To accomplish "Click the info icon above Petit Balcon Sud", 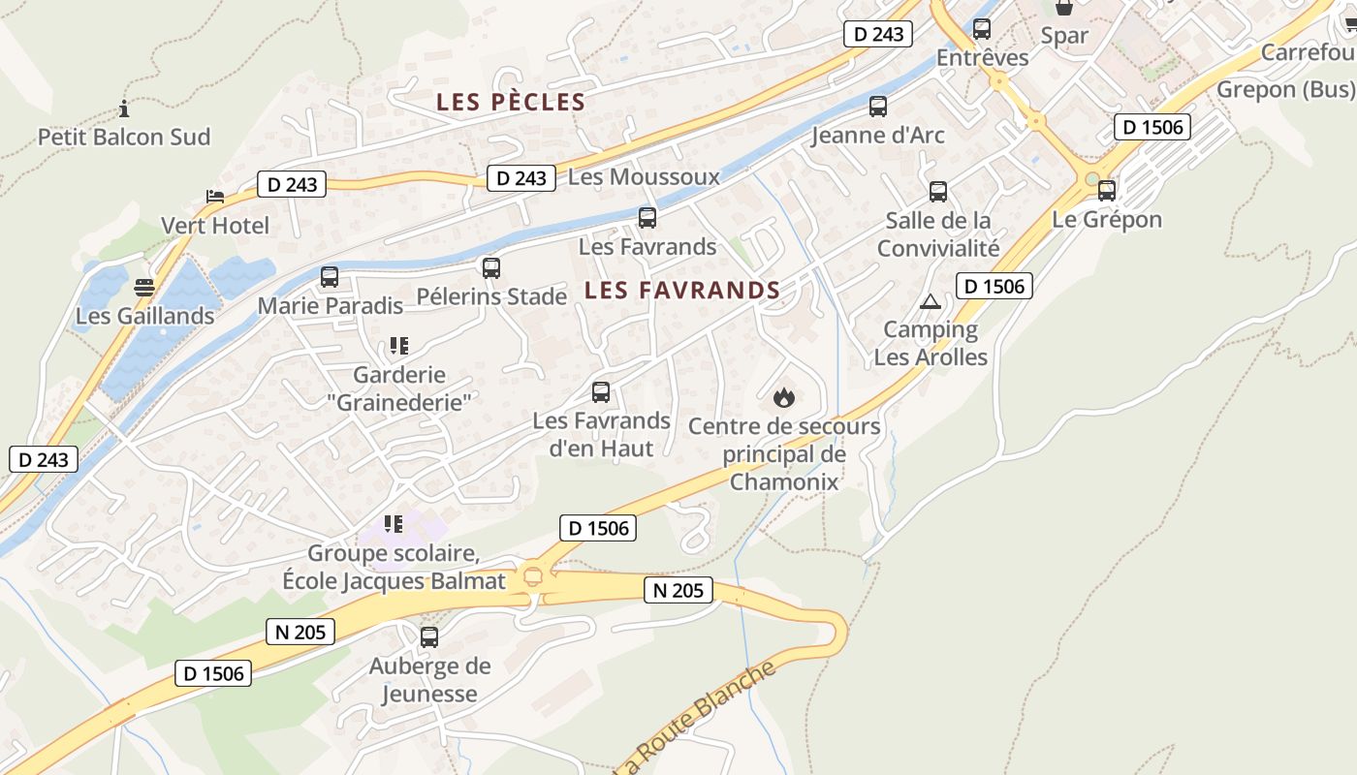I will point(123,108).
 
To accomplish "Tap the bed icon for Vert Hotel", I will point(215,197).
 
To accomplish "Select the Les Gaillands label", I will point(145,316).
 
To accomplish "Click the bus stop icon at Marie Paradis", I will point(330,277).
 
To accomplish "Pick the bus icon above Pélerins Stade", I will point(491,267).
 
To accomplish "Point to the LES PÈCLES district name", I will point(511,102).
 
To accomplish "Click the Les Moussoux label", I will point(644,176).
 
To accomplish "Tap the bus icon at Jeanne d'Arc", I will point(878,107).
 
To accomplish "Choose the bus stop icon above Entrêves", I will point(982,29).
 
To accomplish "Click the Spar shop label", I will point(1064,36).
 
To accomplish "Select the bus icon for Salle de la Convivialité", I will point(938,191).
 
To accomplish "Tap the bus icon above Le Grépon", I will point(1107,191).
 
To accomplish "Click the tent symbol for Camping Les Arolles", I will point(931,301).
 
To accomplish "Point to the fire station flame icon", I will point(784,397).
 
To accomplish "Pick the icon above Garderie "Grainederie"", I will point(397,345).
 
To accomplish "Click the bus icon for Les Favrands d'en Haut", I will point(601,392).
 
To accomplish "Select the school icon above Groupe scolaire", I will point(393,524).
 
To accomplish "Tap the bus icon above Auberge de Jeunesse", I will point(429,636).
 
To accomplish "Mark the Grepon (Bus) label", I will point(1285,89).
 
